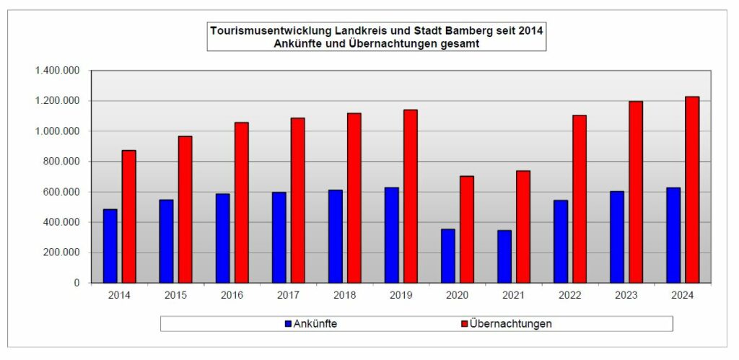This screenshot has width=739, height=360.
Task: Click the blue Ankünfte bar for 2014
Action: pyautogui.click(x=110, y=246)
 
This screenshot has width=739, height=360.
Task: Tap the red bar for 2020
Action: pyautogui.click(x=467, y=229)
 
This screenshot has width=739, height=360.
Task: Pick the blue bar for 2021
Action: pyautogui.click(x=504, y=257)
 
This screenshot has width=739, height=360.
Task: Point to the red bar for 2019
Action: pyautogui.click(x=411, y=196)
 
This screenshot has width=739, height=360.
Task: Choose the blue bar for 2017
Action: pyautogui.click(x=279, y=237)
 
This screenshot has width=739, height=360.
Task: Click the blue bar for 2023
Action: pyautogui.click(x=617, y=237)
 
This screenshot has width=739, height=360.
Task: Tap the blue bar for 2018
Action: pyautogui.click(x=335, y=237)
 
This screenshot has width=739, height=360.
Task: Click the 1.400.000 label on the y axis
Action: pyautogui.click(x=56, y=71)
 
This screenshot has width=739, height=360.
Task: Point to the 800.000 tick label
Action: pyautogui.click(x=61, y=162)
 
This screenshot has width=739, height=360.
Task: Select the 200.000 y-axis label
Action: pyautogui.click(x=61, y=253)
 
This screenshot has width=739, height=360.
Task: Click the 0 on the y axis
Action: pyautogui.click(x=76, y=283)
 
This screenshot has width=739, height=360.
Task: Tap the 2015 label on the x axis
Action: pyautogui.click(x=176, y=296)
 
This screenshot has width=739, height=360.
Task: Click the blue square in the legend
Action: pyautogui.click(x=288, y=324)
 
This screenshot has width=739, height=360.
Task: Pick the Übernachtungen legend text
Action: pyautogui.click(x=510, y=324)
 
